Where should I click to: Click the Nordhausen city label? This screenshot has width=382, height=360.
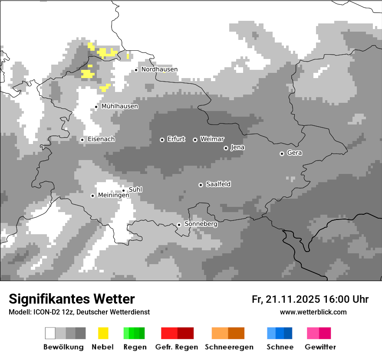click(159, 69)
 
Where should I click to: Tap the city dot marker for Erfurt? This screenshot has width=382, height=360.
click(162, 140)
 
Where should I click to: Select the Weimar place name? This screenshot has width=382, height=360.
click(212, 139)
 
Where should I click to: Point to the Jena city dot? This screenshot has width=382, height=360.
click(226, 148)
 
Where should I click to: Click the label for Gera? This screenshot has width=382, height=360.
click(294, 153)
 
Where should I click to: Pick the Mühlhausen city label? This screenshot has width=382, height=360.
click(120, 106)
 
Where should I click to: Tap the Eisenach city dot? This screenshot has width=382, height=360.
click(82, 140)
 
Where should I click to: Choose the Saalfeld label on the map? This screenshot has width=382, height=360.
click(218, 184)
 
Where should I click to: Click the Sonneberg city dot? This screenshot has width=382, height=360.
click(179, 225)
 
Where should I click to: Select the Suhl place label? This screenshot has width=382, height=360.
click(135, 190)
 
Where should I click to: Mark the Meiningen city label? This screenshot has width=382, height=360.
click(114, 196)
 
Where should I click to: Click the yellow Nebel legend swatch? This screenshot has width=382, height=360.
click(103, 333)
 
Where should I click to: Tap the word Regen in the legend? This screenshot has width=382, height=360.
click(135, 347)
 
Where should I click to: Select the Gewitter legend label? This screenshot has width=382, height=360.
click(320, 347)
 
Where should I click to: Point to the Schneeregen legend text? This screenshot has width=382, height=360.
click(229, 347)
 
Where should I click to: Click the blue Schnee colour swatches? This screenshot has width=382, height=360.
click(280, 333)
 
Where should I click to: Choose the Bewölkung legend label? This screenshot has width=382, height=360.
click(63, 347)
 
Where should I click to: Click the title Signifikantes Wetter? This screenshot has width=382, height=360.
click(72, 299)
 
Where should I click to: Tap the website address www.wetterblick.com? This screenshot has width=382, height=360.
click(313, 312)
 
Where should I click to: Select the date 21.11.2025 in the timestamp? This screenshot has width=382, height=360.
click(293, 299)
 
